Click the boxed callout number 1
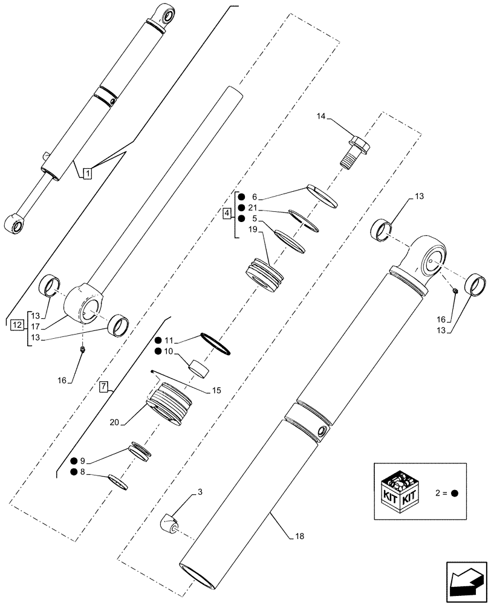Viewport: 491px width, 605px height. tap(87, 173)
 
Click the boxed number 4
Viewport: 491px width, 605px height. tap(226, 214)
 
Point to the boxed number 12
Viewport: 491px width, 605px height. tap(16, 325)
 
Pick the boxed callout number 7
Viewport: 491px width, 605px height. tap(103, 386)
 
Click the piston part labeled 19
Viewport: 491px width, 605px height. tap(264, 275)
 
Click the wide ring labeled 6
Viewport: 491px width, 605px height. tap(322, 195)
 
